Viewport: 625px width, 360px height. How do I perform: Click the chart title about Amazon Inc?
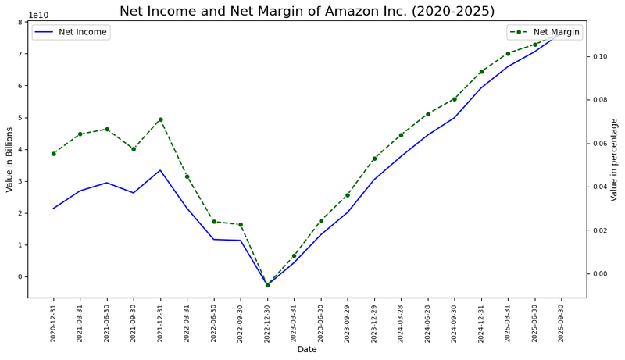pos(317,11)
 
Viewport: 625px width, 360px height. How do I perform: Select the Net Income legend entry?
pos(71,32)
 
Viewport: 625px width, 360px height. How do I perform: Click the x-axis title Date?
pos(307,349)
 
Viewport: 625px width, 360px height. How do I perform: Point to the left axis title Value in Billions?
pos(10,159)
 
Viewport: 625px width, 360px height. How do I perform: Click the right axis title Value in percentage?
pos(614,159)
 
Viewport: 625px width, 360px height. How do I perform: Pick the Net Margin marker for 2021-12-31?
pos(160,119)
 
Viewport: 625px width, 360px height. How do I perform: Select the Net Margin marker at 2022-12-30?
pos(267,285)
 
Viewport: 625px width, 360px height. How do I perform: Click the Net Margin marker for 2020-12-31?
pos(53,154)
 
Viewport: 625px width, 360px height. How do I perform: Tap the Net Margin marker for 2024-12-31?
pos(481,72)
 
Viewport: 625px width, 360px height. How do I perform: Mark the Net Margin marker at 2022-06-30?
pos(214,222)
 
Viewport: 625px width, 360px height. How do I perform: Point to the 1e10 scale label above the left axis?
pos(38,15)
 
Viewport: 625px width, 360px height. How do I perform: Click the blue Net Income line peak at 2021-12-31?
pos(160,170)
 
